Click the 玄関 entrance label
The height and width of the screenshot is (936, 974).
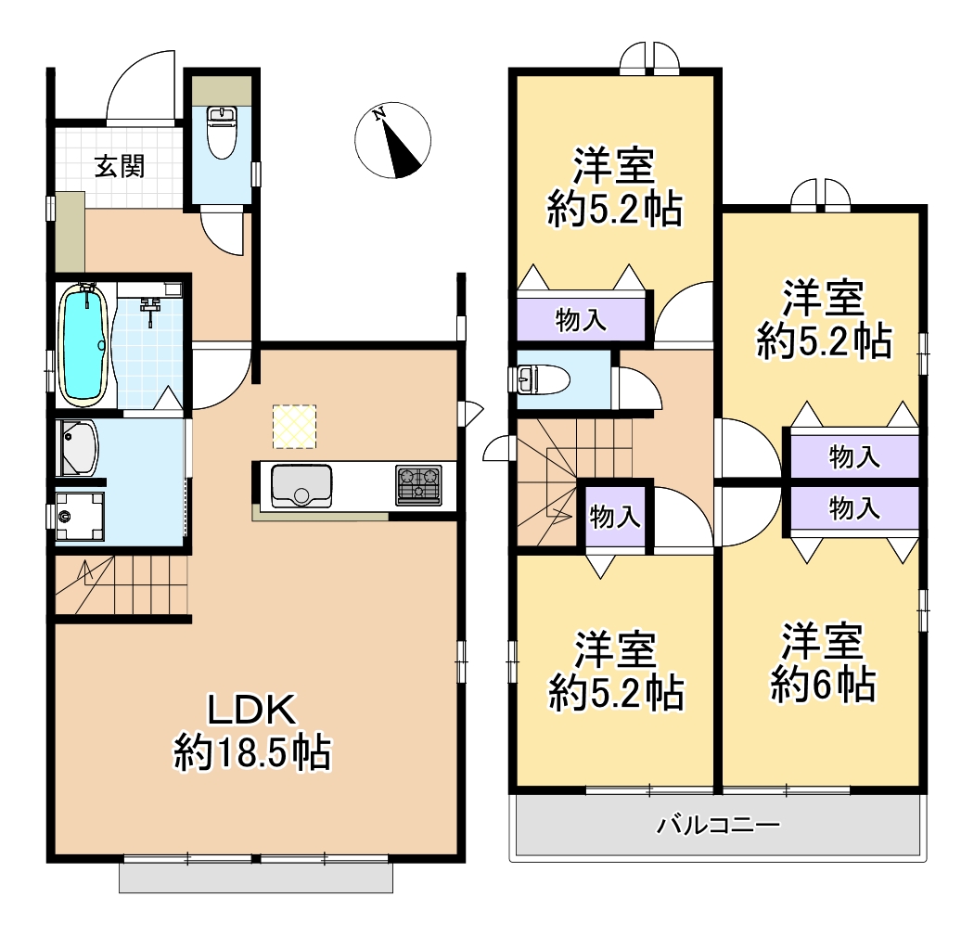click(x=120, y=166)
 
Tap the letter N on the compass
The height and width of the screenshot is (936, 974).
click(x=378, y=114)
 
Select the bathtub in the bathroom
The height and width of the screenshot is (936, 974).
click(x=83, y=345)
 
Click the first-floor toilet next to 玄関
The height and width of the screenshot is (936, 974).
click(x=222, y=132)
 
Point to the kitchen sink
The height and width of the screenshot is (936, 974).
click(x=301, y=485)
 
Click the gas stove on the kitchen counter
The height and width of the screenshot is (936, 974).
click(x=418, y=484)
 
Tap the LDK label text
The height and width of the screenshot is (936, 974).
click(x=251, y=710)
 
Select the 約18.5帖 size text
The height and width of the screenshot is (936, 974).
click(x=252, y=752)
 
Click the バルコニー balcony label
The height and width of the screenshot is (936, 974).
click(x=718, y=825)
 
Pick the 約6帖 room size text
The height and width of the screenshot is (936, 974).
click(x=823, y=685)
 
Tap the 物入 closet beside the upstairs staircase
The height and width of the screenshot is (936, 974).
click(x=615, y=516)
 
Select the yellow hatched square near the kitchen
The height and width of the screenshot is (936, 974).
click(x=294, y=427)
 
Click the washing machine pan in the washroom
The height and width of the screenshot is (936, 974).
click(x=80, y=516)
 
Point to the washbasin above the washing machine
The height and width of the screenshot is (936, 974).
click(x=78, y=448)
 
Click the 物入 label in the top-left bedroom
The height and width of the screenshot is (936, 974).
click(x=581, y=320)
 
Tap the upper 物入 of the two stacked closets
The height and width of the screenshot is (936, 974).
click(x=854, y=457)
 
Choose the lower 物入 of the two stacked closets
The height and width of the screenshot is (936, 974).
click(x=854, y=508)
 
